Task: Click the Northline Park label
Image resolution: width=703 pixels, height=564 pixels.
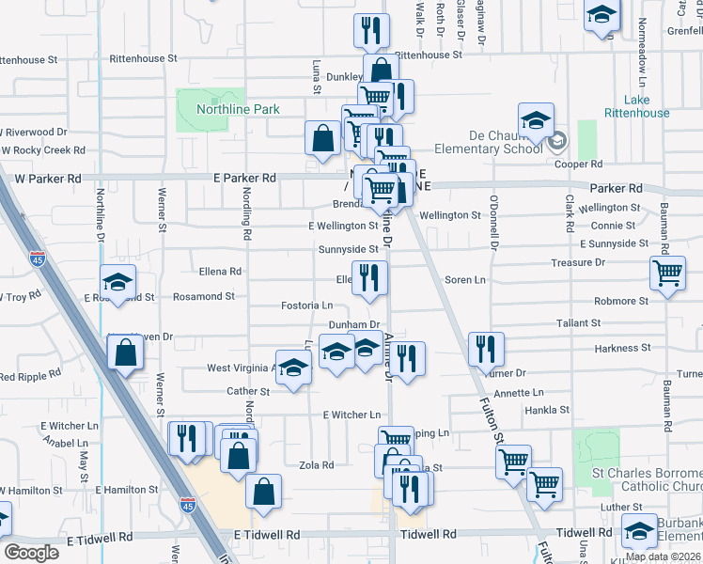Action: pos(238,109)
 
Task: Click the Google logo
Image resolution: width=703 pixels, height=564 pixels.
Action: pos(32,552)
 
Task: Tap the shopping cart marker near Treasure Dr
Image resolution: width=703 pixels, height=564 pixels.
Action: pos(666,274)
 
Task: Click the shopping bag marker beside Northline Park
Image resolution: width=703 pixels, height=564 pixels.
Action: pos(322,138)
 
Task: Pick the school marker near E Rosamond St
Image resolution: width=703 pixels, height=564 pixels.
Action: pos(118,281)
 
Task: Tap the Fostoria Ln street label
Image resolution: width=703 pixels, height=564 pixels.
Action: pos(307,305)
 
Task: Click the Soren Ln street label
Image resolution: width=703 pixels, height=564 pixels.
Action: pos(464,279)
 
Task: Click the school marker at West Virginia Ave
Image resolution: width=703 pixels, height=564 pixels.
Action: pos(293,368)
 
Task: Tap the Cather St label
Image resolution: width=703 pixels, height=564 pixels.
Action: pos(248,391)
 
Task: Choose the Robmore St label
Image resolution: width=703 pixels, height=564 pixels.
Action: pos(621,302)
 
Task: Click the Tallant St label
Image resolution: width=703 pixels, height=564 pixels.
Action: pos(578,322)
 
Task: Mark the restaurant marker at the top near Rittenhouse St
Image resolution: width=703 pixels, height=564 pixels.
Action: pos(372,31)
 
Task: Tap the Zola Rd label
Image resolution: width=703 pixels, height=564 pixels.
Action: pos(316,465)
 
